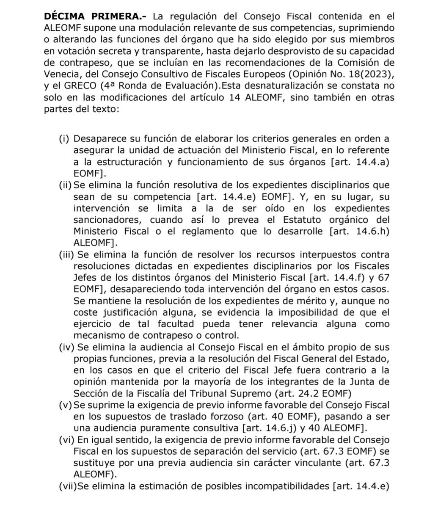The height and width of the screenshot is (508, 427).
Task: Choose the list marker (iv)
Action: (x=65, y=347)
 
